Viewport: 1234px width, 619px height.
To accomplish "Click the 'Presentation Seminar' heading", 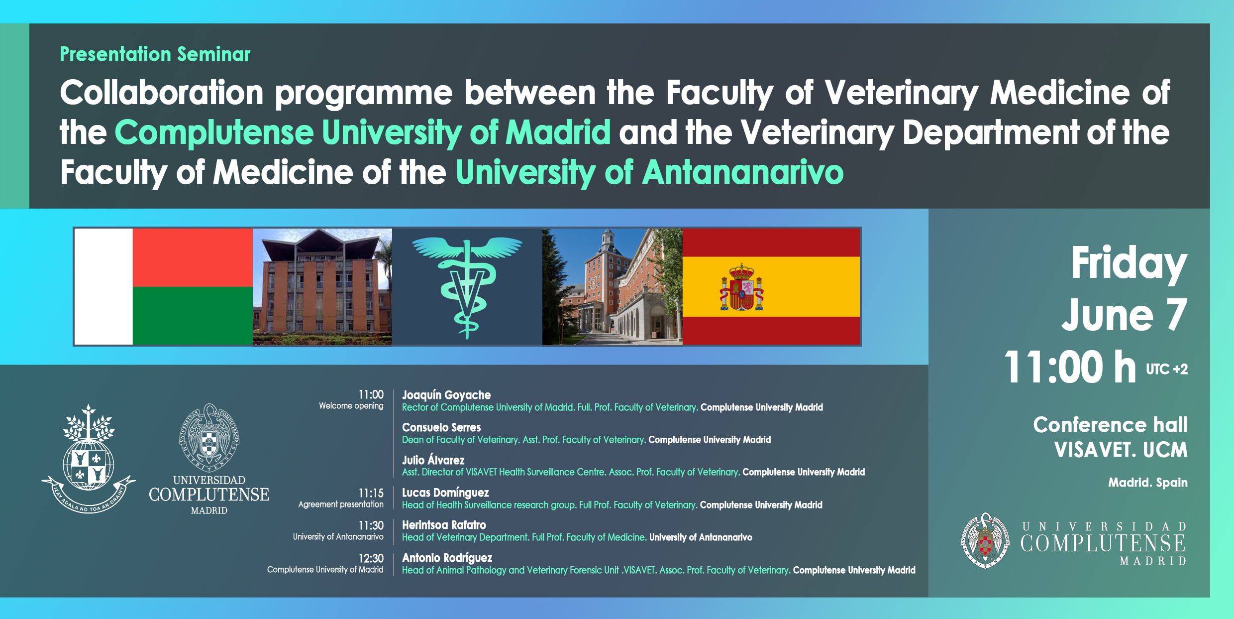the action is [x=155, y=54].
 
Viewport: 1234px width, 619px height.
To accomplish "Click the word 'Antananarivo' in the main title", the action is [x=743, y=172].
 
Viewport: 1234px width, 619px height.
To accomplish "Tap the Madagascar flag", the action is [x=164, y=286].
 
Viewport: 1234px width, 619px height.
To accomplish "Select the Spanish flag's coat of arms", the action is [x=741, y=287].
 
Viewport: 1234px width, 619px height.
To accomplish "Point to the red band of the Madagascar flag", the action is [x=193, y=257].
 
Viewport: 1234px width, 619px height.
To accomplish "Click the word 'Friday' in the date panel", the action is [x=1129, y=264].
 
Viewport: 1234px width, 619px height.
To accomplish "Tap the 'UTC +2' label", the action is [x=1167, y=370].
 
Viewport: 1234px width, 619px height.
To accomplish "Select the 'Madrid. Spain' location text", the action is [x=1147, y=483].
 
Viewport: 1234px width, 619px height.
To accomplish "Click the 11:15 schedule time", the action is [x=371, y=493].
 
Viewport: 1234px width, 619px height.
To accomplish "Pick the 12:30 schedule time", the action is [x=371, y=558].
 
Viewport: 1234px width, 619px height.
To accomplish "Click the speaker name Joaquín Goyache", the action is [x=446, y=395].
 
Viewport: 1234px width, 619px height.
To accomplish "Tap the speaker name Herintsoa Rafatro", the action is [x=444, y=525].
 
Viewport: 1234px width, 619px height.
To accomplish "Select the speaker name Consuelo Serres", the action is [x=441, y=427].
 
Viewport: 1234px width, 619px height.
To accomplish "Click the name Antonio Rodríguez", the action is [x=447, y=558].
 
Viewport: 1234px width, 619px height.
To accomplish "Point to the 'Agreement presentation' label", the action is [x=341, y=504].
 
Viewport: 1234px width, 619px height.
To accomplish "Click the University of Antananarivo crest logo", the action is [x=89, y=459].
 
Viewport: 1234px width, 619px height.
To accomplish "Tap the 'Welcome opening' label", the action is [x=351, y=406].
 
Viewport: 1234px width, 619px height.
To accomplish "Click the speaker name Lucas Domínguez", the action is [x=445, y=493].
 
